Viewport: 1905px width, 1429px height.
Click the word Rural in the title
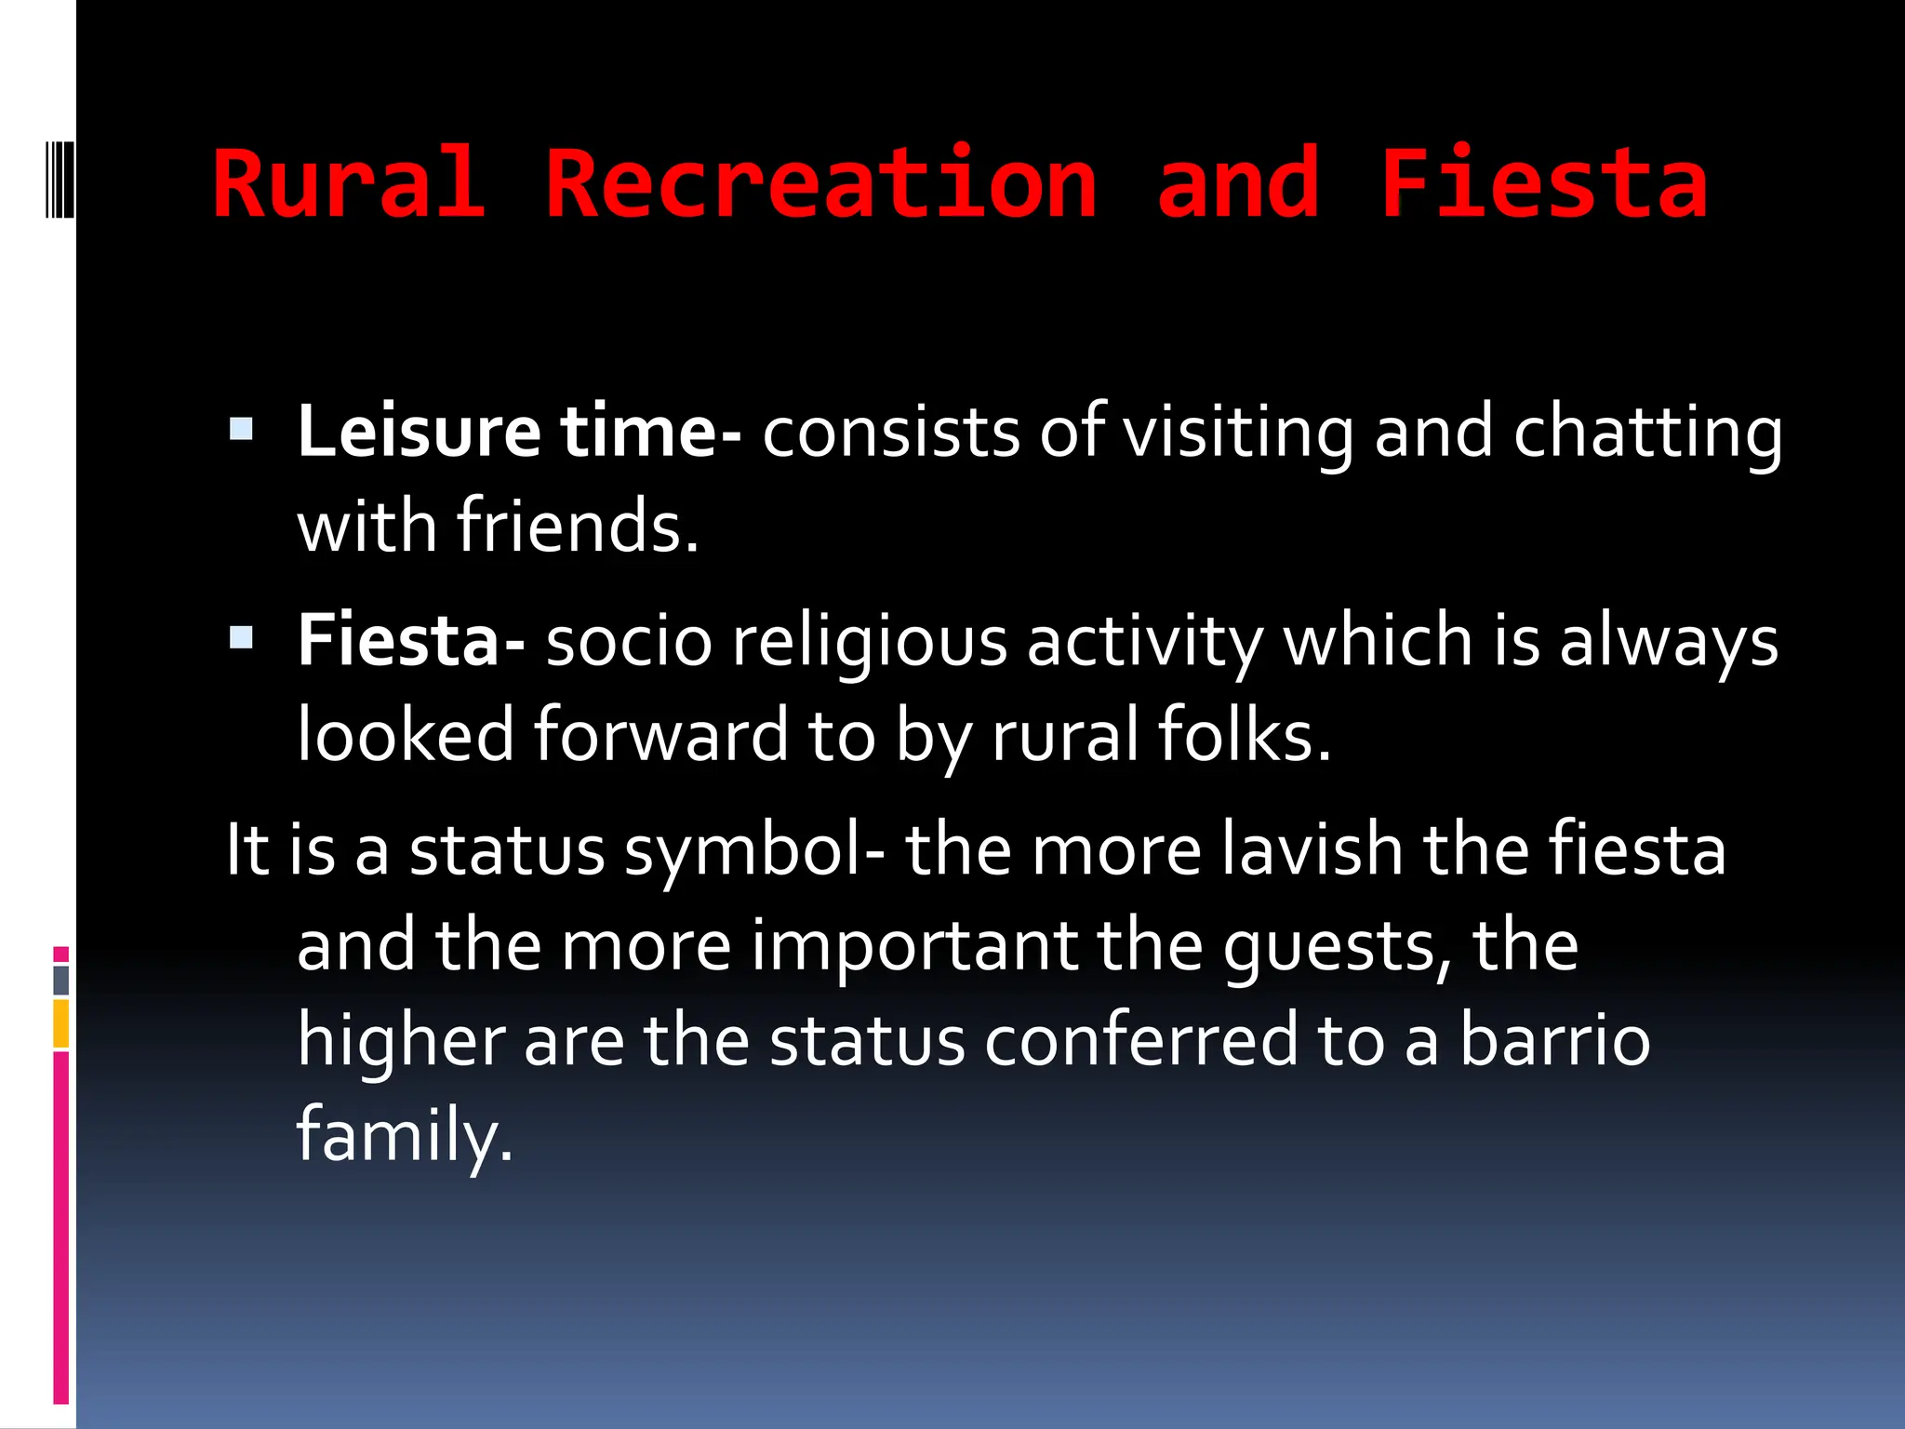(349, 184)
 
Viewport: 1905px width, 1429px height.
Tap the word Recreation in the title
(821, 184)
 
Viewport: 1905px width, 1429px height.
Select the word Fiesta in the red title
(1543, 184)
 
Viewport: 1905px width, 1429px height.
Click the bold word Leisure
(419, 433)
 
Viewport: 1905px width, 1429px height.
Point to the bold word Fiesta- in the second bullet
(411, 642)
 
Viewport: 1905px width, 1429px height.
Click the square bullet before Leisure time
(241, 429)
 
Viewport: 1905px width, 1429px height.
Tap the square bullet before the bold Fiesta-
(241, 638)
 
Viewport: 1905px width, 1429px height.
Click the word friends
(577, 527)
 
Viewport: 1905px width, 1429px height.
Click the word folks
(1244, 736)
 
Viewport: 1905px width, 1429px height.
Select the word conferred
(1140, 1041)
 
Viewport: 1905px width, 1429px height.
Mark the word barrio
(1554, 1041)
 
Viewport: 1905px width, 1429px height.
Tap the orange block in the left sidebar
(60, 1023)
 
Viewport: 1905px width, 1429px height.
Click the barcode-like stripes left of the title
(60, 180)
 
